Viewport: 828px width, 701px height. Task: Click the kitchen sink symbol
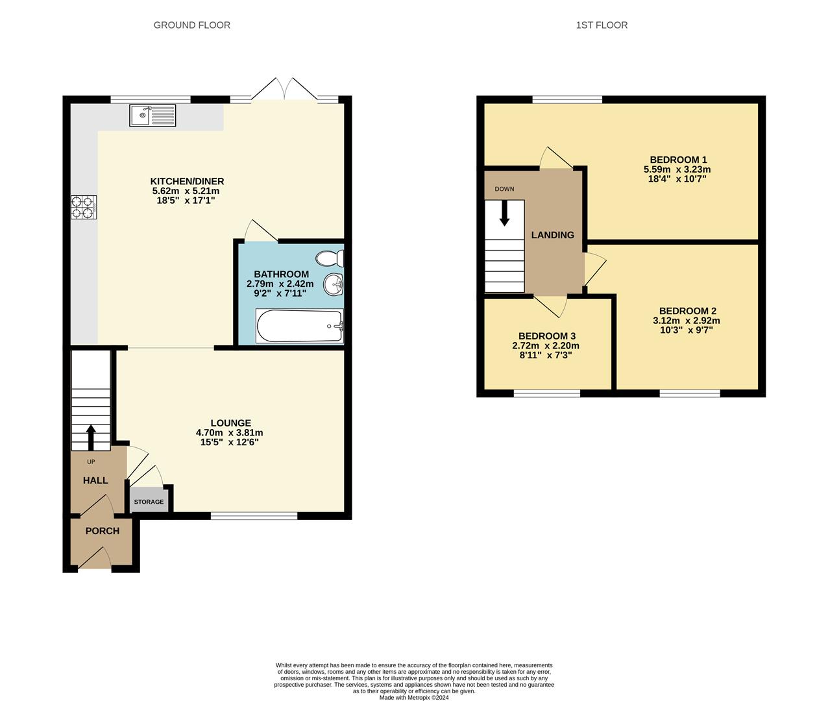(152, 116)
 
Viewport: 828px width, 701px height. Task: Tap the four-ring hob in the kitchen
(84, 207)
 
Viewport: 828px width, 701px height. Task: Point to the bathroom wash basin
(334, 284)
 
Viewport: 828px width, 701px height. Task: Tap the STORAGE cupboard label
(149, 502)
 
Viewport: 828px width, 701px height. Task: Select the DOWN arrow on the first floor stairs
(504, 214)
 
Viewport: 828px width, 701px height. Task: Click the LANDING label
(552, 235)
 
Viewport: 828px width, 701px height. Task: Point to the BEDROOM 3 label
(546, 336)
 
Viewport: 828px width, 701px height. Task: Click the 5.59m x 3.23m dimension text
(678, 169)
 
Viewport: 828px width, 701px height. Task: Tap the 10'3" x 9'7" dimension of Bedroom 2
(687, 330)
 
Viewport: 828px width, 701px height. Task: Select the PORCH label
(103, 531)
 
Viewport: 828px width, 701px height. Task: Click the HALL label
(95, 480)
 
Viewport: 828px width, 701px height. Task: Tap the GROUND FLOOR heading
(191, 25)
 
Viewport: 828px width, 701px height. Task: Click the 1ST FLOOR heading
(602, 25)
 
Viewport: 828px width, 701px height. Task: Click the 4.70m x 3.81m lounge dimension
(230, 433)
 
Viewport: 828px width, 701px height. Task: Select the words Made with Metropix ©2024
(413, 698)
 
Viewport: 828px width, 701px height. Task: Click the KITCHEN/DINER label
(187, 181)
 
